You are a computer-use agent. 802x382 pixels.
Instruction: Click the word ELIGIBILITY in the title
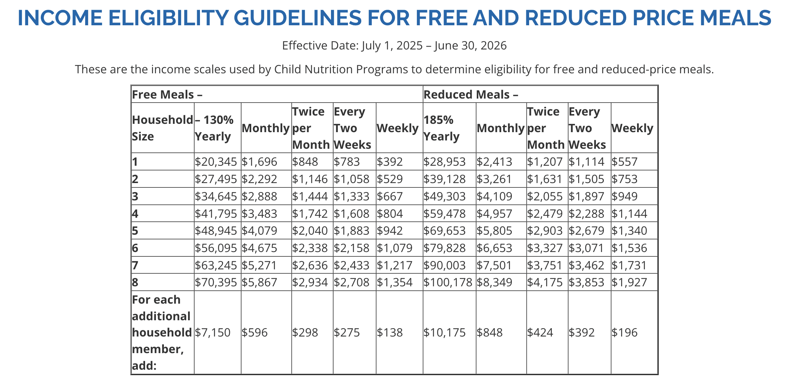click(168, 18)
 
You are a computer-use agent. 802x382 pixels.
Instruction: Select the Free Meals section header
click(167, 95)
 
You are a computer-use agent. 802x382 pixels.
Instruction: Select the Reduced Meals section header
click(471, 95)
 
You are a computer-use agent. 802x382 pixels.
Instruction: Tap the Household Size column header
click(162, 128)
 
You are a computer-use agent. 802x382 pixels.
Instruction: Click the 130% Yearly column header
click(214, 128)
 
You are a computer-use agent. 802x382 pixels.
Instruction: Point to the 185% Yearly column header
click(441, 128)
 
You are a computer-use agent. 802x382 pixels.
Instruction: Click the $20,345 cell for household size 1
click(215, 162)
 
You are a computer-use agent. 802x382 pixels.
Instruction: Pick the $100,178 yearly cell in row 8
click(448, 282)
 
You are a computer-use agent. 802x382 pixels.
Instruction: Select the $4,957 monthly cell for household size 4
click(494, 214)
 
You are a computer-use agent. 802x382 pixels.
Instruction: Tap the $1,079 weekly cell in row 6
click(394, 248)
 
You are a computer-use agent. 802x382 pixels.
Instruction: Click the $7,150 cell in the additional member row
click(212, 333)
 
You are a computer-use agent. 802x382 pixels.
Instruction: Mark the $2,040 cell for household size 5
click(310, 231)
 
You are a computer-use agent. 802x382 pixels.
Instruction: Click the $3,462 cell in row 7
click(586, 265)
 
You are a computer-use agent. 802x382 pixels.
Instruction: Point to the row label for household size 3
click(135, 196)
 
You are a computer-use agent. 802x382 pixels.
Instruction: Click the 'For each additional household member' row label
click(161, 333)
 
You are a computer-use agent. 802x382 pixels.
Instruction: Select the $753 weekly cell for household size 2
click(624, 179)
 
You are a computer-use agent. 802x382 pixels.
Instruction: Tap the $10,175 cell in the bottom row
click(444, 333)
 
